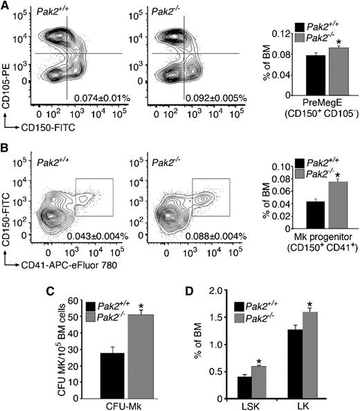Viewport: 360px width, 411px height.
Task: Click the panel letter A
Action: [6, 6]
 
